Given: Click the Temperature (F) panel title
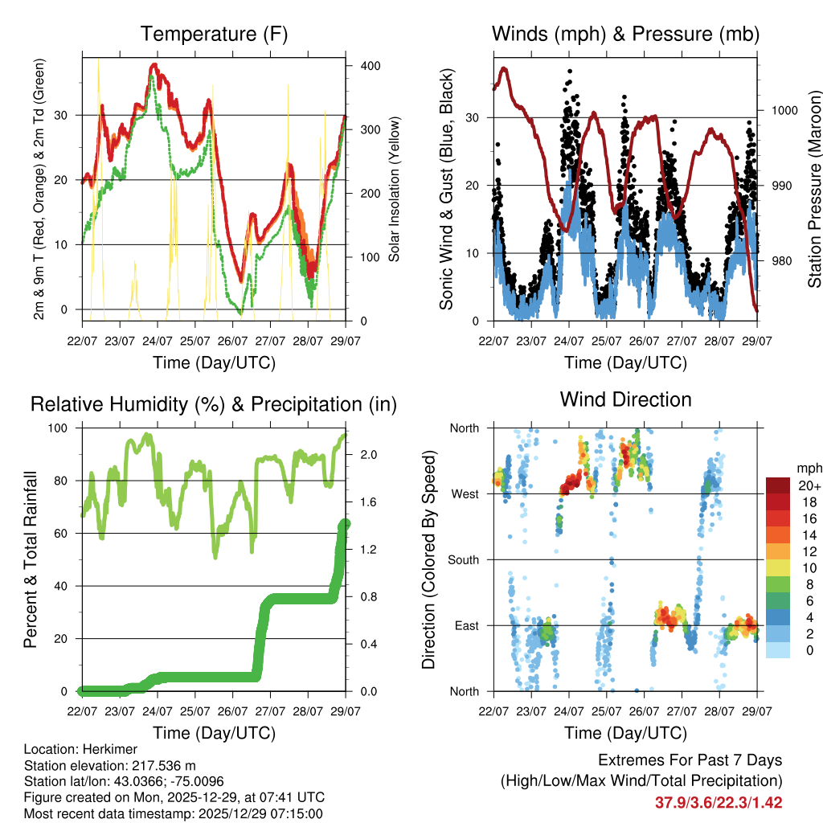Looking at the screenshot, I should (x=214, y=34).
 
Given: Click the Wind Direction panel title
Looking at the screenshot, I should (x=625, y=399).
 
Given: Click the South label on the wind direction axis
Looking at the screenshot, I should (x=463, y=559).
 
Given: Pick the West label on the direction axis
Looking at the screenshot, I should (x=465, y=493).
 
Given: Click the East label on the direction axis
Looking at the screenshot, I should (x=466, y=625).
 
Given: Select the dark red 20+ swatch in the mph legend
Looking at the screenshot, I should (x=779, y=486).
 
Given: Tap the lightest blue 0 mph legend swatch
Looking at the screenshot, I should (x=779, y=649).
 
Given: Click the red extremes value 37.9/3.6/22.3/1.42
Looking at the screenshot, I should (x=719, y=802).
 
